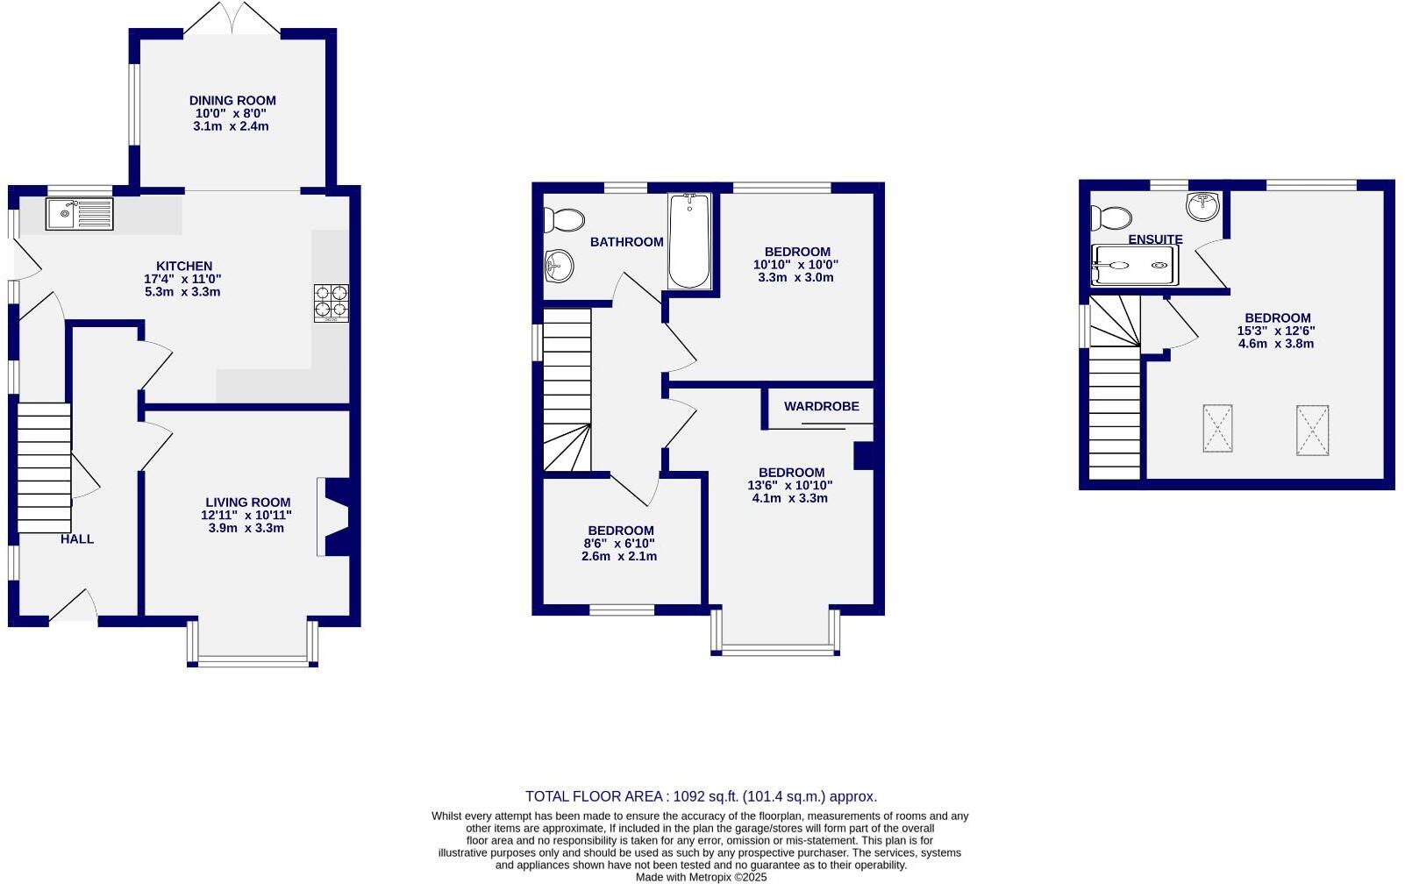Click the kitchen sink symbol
pos(80,214)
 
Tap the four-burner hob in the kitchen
pos(331,303)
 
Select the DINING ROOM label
pos(232,101)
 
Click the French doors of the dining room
pos(232,19)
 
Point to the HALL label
pos(77,539)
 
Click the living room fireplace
pos(336,517)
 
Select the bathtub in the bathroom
pos(689,241)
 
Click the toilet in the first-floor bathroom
pos(564,219)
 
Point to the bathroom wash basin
pos(558,266)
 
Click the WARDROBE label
pos(821,407)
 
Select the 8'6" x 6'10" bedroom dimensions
pos(619,544)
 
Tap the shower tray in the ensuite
pos(1133,265)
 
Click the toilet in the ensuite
pos(1110,217)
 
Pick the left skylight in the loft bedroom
pos(1217,429)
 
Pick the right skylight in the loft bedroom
pos(1312,430)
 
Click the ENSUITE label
pos(1155,239)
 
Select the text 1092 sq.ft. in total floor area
pos(706,796)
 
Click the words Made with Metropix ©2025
pos(701,876)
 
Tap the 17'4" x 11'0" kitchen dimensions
pos(183,279)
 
